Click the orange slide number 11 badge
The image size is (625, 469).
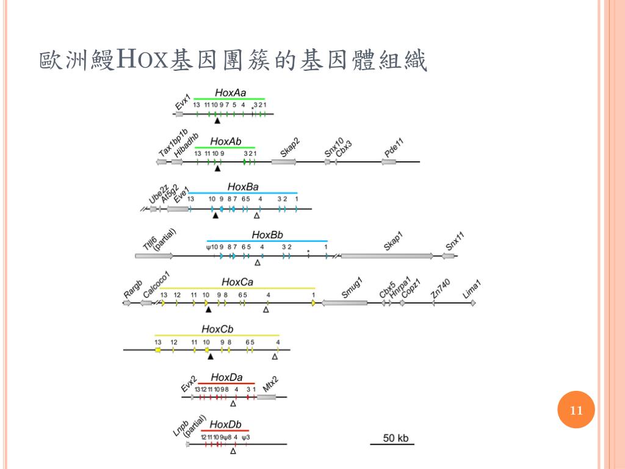click(576, 410)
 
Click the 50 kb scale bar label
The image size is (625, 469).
click(396, 438)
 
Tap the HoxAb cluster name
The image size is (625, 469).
click(226, 141)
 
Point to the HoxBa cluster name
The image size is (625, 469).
click(243, 186)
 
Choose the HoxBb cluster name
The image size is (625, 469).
click(267, 234)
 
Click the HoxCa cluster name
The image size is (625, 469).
click(237, 282)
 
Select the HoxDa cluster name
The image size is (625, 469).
click(226, 377)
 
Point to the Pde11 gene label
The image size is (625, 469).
click(395, 149)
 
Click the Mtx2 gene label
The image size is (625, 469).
click(270, 384)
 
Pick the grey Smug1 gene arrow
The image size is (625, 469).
click(344, 303)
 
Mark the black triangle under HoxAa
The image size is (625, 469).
click(217, 121)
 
